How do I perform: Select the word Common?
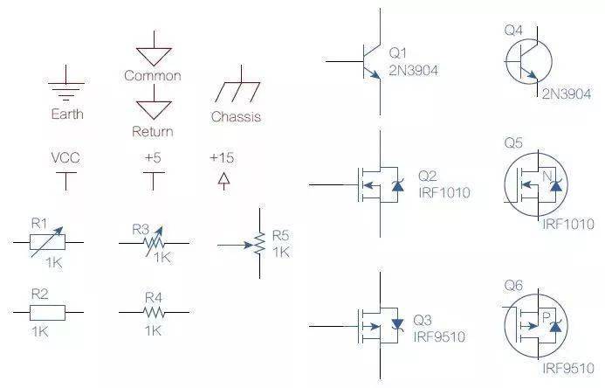coord(152,76)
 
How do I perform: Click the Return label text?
coord(152,132)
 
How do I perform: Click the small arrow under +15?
coord(223,181)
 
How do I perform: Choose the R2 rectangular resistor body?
coord(48,311)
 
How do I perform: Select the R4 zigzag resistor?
coord(154,311)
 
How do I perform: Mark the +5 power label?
coord(154,159)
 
